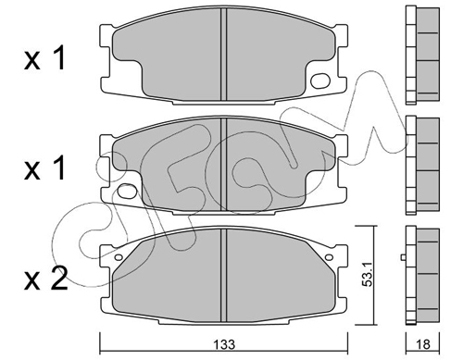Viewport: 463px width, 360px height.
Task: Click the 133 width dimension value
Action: tap(225, 344)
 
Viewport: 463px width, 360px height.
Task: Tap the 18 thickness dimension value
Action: tap(423, 344)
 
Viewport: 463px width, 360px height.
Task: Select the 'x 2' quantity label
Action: tap(45, 279)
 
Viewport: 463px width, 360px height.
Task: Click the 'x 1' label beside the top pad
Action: tap(45, 58)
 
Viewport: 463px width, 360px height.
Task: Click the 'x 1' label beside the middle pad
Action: tap(45, 168)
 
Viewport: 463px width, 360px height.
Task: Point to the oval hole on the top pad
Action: tap(320, 81)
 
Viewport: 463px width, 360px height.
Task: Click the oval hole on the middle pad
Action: tap(127, 191)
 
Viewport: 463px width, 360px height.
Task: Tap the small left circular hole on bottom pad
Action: tap(119, 257)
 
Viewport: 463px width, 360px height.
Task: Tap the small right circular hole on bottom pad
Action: tap(329, 257)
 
